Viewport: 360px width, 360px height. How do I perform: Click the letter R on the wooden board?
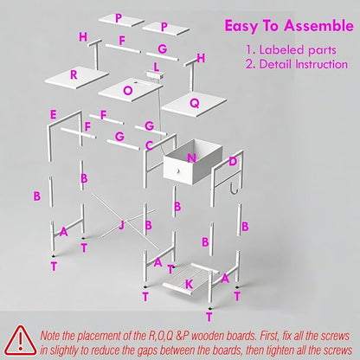coord(74,75)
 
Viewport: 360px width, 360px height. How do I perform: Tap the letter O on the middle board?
coord(128,91)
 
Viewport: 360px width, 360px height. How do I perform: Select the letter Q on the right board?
coord(195,103)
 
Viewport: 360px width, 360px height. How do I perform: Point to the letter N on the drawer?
coord(191,158)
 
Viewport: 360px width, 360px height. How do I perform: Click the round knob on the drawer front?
coord(178,170)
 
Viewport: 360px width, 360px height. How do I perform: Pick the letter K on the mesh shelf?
coord(189,285)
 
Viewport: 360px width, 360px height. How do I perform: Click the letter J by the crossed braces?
coord(121,225)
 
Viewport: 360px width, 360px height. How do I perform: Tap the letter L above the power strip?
coord(157,67)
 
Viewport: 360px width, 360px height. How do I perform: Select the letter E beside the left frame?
coord(53,115)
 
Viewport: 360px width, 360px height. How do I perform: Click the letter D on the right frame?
coord(233,162)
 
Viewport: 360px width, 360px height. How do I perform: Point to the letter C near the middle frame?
coord(149,145)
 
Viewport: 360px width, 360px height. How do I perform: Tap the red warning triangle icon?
coord(21,341)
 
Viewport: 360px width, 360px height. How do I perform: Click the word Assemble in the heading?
coord(318,26)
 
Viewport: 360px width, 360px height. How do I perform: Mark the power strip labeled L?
coord(156,75)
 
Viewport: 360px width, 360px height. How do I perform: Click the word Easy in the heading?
coord(241,27)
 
